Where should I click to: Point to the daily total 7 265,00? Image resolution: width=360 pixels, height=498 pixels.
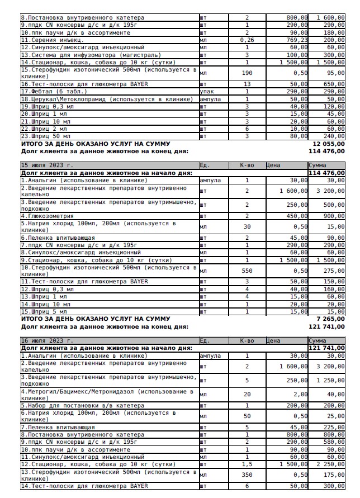(329, 319)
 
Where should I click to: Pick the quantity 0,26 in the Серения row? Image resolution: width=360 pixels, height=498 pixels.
(247, 40)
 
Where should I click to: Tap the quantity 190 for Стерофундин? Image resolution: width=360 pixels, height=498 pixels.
(247, 73)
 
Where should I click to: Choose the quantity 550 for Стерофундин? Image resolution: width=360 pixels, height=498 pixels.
(247, 271)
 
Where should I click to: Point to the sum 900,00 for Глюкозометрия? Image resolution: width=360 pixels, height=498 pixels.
(334, 216)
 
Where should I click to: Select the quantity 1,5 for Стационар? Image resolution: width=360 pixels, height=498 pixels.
(247, 464)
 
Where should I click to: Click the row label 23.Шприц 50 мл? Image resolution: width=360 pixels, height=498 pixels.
(46, 135)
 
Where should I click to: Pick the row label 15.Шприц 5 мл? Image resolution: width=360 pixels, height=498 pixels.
(44, 311)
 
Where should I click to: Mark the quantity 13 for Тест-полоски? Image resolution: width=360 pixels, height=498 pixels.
(247, 84)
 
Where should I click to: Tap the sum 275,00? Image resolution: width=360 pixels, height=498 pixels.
(334, 271)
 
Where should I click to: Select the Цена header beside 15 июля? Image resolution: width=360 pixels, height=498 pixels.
(273, 165)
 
